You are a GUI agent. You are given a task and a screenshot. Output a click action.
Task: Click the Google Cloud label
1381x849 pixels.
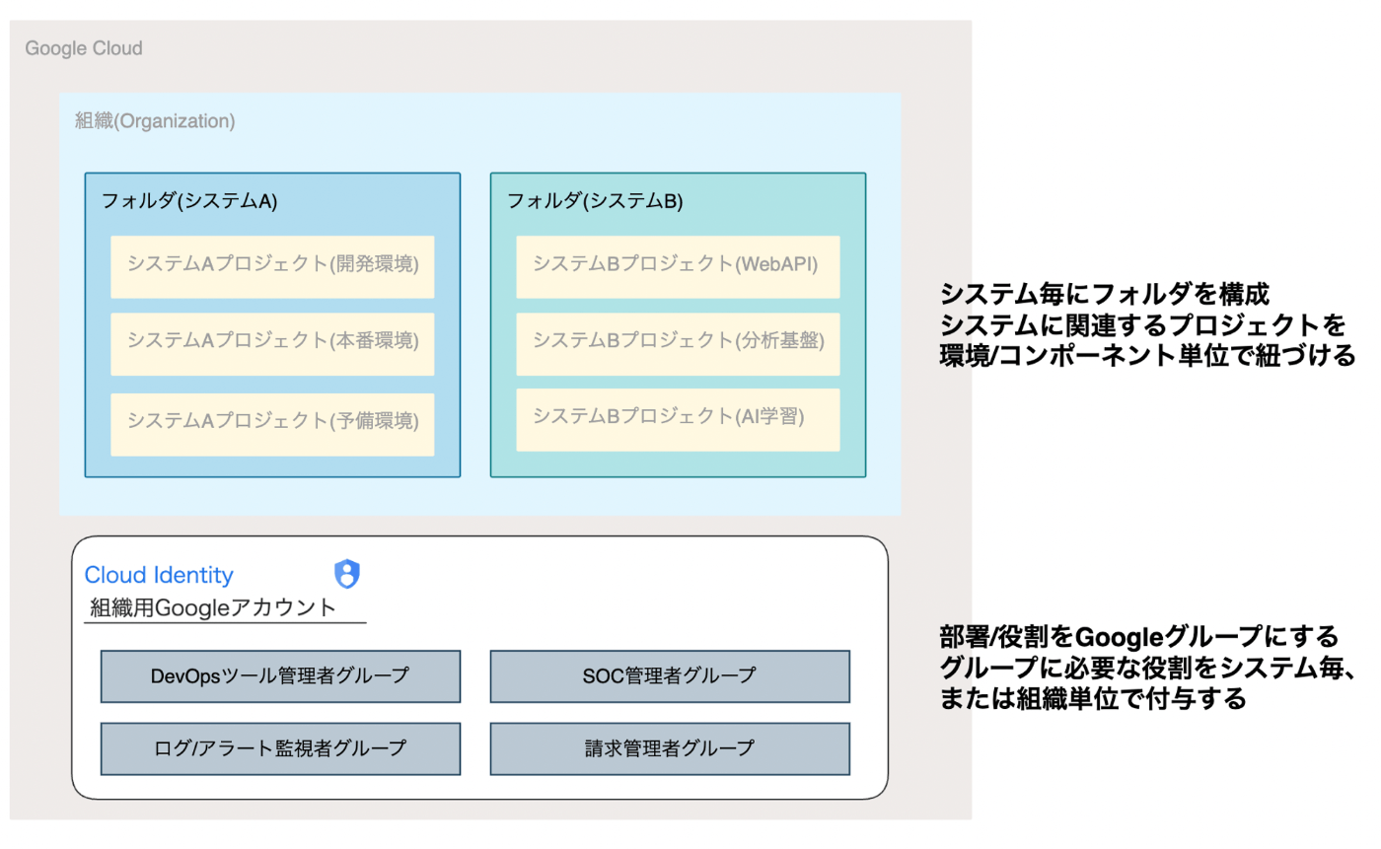pyautogui.click(x=84, y=48)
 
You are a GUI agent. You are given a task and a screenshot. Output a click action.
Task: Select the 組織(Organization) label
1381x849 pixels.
pyautogui.click(x=155, y=120)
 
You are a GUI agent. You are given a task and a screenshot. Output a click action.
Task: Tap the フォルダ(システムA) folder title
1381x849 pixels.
pyautogui.click(x=189, y=201)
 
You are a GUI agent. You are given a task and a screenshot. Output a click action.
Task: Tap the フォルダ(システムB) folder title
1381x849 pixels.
pyautogui.click(x=595, y=201)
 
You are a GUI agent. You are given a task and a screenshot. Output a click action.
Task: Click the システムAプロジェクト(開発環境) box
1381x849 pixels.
pyautogui.click(x=272, y=267)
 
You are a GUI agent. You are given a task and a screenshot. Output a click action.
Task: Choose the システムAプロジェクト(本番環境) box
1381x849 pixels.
pyautogui.click(x=272, y=344)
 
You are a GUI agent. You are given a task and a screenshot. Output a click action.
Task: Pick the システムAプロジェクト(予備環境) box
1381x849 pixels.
pyautogui.click(x=272, y=424)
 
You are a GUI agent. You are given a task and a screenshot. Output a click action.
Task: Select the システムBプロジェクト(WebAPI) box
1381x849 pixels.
pyautogui.click(x=679, y=267)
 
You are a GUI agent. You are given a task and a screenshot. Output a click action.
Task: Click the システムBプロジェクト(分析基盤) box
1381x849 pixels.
pyautogui.click(x=679, y=344)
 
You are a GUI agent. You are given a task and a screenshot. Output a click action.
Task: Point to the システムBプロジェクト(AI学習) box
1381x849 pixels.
pyautogui.click(x=679, y=420)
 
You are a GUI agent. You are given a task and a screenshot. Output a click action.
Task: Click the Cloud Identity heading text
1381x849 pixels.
pyautogui.click(x=159, y=575)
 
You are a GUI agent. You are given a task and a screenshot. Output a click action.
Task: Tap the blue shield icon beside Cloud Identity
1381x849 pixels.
pyautogui.click(x=347, y=574)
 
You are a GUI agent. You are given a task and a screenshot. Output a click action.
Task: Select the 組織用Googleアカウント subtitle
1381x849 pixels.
pyautogui.click(x=213, y=608)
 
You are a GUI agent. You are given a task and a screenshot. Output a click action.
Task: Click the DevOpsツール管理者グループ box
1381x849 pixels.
pyautogui.click(x=280, y=676)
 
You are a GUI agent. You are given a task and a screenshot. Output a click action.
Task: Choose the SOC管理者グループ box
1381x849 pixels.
pyautogui.click(x=670, y=676)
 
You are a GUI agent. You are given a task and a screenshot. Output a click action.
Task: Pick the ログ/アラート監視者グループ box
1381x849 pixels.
pyautogui.click(x=280, y=748)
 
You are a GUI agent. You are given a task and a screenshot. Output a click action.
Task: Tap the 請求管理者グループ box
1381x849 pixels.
pyautogui.click(x=670, y=748)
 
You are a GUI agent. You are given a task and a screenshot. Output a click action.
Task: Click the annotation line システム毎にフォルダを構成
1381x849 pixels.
pyautogui.click(x=1105, y=294)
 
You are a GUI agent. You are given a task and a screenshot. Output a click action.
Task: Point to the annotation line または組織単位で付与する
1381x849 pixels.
pyautogui.click(x=1093, y=699)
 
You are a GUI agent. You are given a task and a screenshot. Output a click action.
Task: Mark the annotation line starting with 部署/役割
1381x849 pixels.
pyautogui.click(x=1139, y=636)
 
